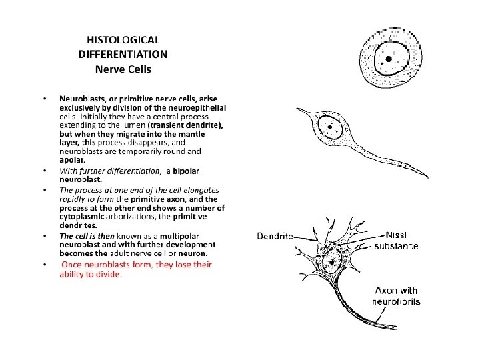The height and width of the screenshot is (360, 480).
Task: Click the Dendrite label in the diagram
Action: click(x=275, y=236)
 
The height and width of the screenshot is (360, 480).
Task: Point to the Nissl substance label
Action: click(x=396, y=241)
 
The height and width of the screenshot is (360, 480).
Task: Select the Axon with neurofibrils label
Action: click(x=397, y=296)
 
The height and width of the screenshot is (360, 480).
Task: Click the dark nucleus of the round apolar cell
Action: click(x=387, y=60)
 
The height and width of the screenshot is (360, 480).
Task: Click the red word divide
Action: click(x=107, y=274)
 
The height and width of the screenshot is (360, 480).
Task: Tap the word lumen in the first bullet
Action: click(x=133, y=125)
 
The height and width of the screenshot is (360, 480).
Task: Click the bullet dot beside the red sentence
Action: click(x=45, y=265)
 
